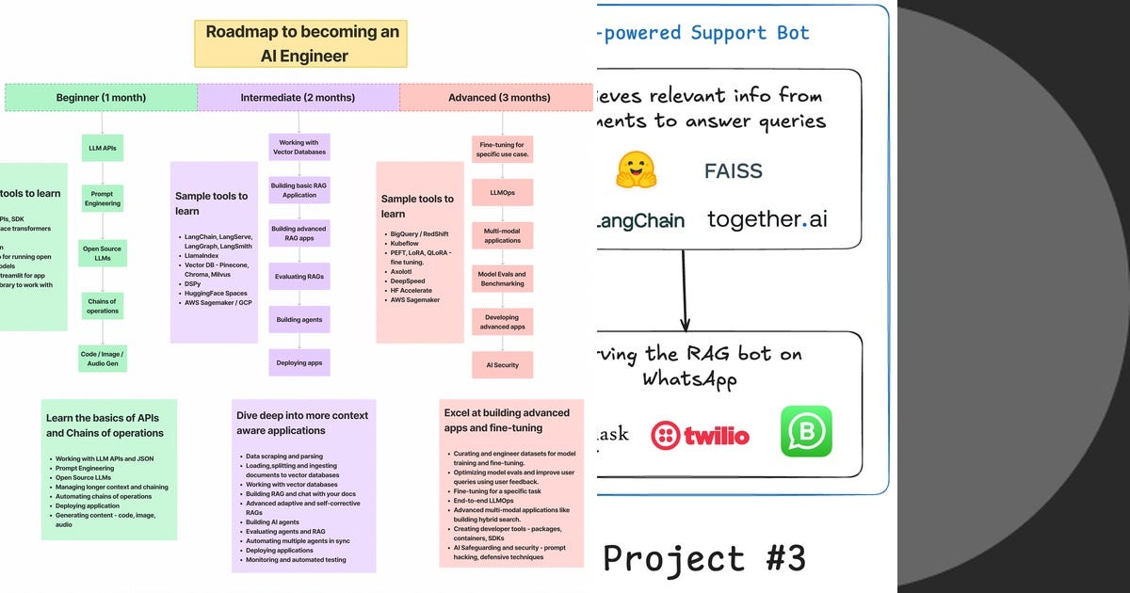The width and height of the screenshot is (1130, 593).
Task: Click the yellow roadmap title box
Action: coord(301,43)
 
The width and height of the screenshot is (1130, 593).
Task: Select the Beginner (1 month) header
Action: coord(101,98)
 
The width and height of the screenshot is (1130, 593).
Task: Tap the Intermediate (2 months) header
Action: coord(298,98)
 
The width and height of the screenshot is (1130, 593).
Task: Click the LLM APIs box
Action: coord(101,148)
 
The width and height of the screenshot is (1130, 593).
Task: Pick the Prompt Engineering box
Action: coord(101,198)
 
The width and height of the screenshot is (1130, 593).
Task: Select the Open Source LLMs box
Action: coord(101,253)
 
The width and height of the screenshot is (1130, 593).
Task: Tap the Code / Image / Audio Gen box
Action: coord(101,358)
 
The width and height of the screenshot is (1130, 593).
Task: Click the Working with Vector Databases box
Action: coord(299,146)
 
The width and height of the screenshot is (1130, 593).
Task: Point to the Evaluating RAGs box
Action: coord(299,276)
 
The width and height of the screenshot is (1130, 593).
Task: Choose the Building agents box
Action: coord(299,320)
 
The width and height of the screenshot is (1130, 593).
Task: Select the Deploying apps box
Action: coord(299,362)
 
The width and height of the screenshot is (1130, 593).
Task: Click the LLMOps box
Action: coord(503,192)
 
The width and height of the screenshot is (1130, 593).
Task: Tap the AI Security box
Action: coord(503,365)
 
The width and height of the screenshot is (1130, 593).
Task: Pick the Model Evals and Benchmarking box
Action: coord(503,279)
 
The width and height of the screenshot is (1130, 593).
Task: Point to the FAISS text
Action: coord(734,171)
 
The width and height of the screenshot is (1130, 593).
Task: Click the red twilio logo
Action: coord(700,435)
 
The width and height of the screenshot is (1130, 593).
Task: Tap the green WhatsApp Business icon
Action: coord(806,431)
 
